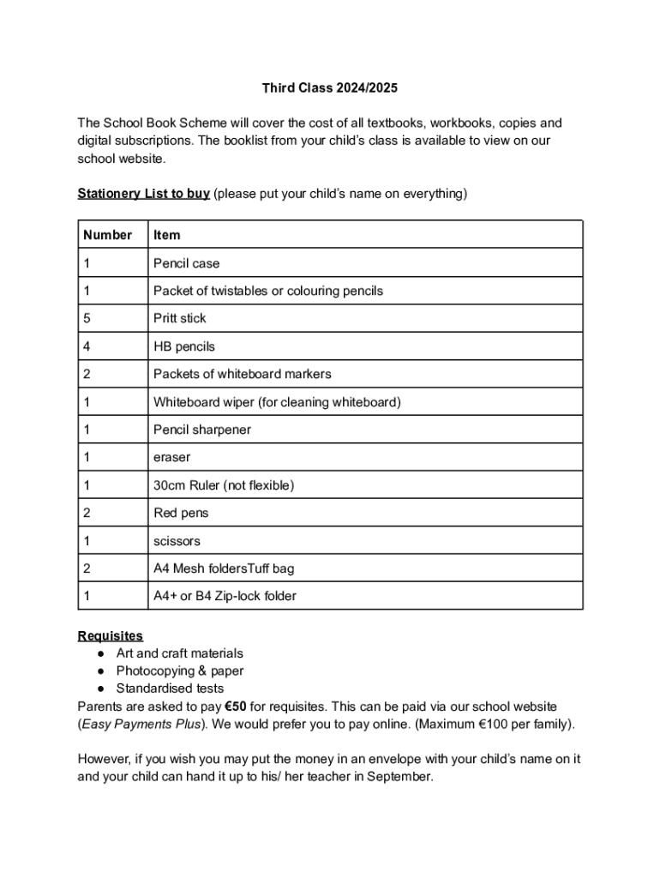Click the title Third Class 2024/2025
pos(330,88)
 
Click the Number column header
pos(108,235)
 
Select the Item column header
pos(167,235)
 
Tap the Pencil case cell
pos(186,263)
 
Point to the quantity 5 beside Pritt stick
pos(87,318)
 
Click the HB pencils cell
pos(183,346)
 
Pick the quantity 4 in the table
pos(87,346)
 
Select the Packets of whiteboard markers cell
pos(242,374)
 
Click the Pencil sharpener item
pos(202,430)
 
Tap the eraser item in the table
pos(171,457)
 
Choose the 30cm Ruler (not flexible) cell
pos(223,485)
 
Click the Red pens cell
pos(181,513)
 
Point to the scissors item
pos(177,541)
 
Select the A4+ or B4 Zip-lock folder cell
pos(225,596)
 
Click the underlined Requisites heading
pos(111,635)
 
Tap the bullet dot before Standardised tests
pos(101,689)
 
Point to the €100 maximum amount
pos(495,724)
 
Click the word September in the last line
pos(405,777)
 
